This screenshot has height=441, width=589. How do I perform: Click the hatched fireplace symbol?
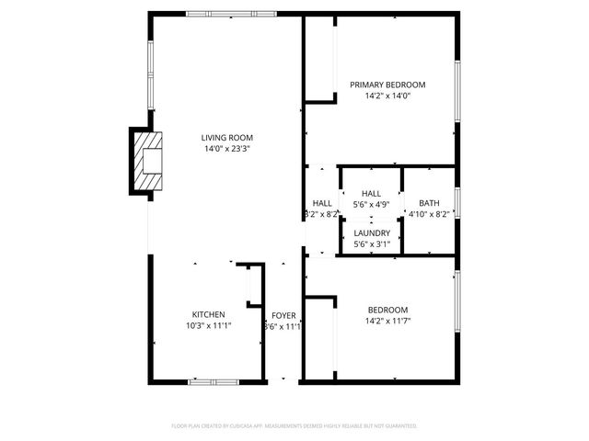pyautogui.click(x=147, y=164)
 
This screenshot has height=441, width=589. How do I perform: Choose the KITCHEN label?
pyautogui.click(x=208, y=314)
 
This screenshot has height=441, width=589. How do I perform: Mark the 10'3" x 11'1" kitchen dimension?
pyautogui.click(x=208, y=325)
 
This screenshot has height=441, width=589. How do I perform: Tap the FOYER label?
pyautogui.click(x=283, y=315)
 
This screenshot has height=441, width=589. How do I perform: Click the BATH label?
pyautogui.click(x=429, y=203)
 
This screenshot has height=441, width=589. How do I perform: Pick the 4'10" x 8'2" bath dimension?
pyautogui.click(x=429, y=214)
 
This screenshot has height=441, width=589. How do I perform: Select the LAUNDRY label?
pyautogui.click(x=372, y=233)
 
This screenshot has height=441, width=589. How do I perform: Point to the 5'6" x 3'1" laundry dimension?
pyautogui.click(x=372, y=244)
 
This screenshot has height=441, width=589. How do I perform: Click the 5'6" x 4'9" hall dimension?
pyautogui.click(x=372, y=205)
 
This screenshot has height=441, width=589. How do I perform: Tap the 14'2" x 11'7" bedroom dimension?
pyautogui.click(x=387, y=322)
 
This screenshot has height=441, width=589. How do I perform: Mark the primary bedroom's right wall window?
pyautogui.click(x=456, y=91)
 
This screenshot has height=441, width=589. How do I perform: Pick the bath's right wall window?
pyautogui.click(x=456, y=202)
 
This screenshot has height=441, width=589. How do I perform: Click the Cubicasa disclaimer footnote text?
pyautogui.click(x=294, y=426)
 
